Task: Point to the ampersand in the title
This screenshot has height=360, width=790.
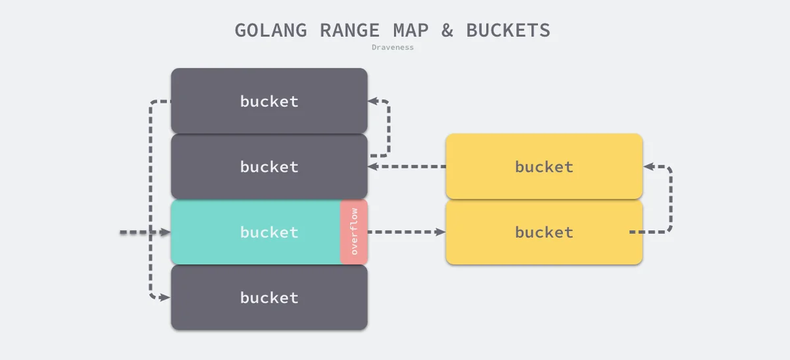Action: (x=448, y=30)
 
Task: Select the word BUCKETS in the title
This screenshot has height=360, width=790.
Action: (x=508, y=30)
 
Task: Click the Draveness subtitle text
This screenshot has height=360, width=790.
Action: (x=392, y=47)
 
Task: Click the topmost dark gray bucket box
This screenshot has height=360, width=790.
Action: (x=269, y=101)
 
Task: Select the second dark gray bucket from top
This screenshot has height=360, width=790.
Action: (x=269, y=167)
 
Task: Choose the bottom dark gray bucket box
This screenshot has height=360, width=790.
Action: (x=269, y=297)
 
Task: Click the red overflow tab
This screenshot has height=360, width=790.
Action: (x=354, y=232)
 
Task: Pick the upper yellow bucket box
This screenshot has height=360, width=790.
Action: (x=544, y=167)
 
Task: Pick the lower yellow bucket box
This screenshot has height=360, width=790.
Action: (x=544, y=232)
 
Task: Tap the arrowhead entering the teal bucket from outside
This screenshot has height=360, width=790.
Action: (x=165, y=232)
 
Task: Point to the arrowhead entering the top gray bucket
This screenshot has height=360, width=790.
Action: (x=373, y=101)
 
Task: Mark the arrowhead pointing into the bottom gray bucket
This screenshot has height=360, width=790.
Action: (x=165, y=297)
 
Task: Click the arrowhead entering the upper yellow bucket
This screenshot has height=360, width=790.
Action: (x=648, y=167)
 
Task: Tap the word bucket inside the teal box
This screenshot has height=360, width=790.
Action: (x=269, y=232)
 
